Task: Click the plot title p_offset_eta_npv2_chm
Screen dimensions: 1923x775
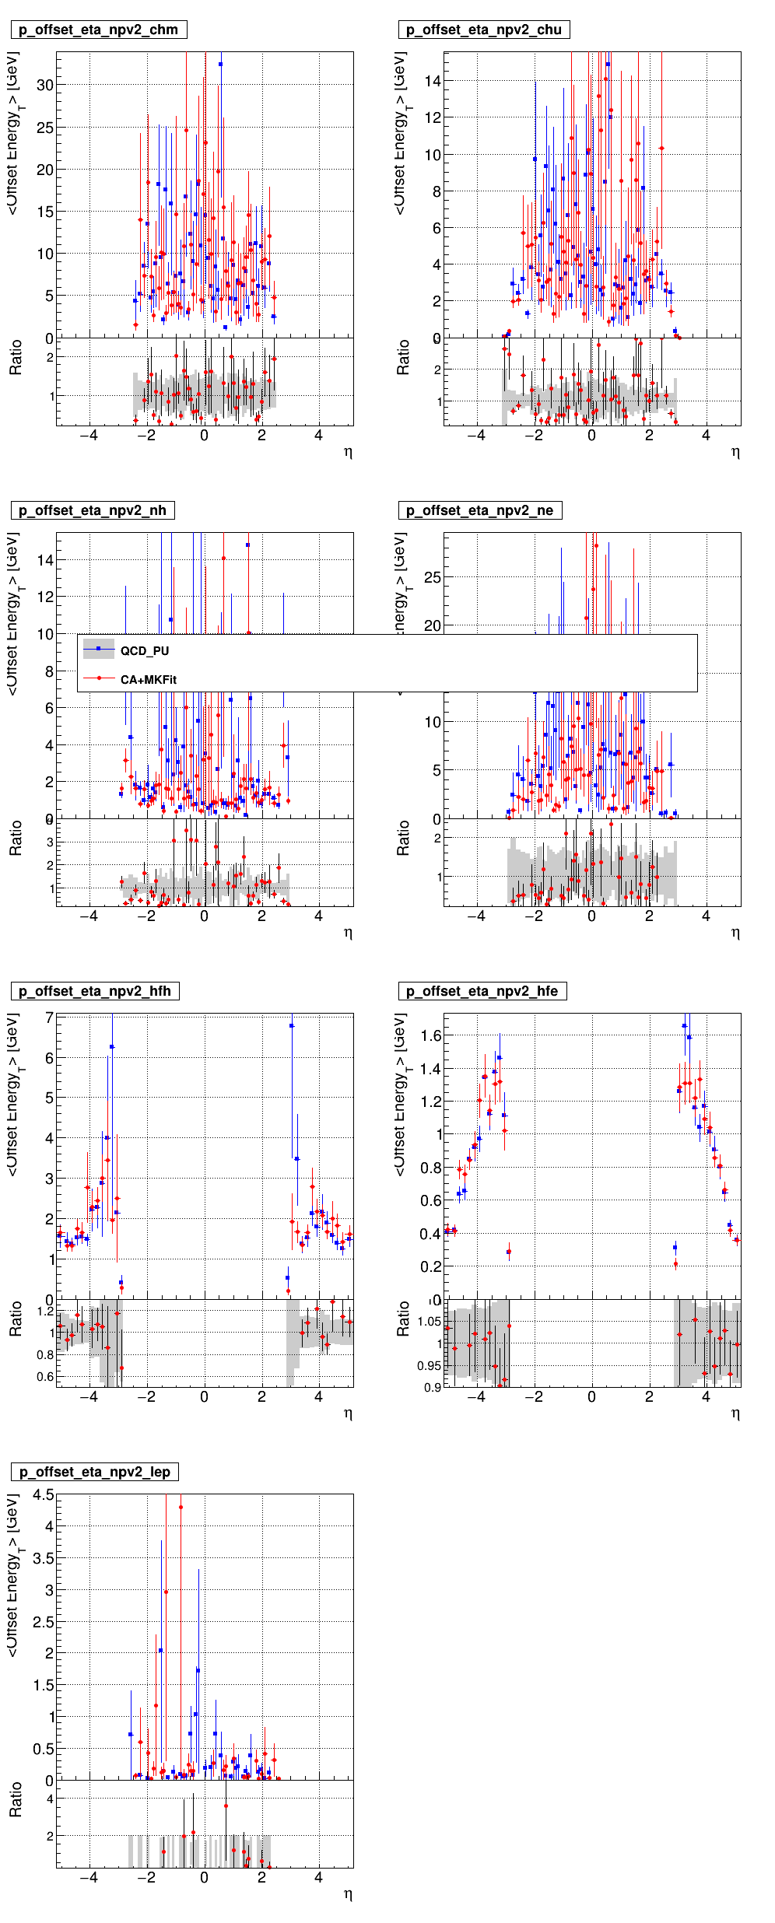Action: (x=98, y=30)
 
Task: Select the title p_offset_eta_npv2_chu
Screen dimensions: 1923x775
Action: (x=483, y=30)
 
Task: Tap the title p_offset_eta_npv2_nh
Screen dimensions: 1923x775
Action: (x=93, y=510)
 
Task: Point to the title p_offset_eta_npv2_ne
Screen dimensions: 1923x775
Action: (x=479, y=510)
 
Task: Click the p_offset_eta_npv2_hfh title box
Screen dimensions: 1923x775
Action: (x=95, y=991)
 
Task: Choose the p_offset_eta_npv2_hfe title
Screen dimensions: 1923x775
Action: (x=482, y=991)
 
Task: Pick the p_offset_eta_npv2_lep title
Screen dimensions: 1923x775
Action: (x=95, y=1472)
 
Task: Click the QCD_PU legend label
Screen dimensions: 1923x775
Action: (x=145, y=651)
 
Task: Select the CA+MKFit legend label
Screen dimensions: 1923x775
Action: (x=149, y=680)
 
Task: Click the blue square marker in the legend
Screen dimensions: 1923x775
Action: (x=99, y=649)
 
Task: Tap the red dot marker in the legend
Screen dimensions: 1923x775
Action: (x=99, y=678)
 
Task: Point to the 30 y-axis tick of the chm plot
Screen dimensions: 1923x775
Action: (x=45, y=85)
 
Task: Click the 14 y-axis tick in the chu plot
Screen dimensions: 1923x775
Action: (x=433, y=81)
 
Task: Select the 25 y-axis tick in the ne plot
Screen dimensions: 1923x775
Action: (x=433, y=577)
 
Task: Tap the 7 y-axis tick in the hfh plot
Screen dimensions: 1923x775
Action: (x=49, y=1018)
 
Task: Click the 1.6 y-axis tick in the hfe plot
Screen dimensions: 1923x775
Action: (x=431, y=1035)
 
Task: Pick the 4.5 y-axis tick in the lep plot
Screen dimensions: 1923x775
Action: (x=44, y=1495)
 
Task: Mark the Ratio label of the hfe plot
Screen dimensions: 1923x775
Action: (x=402, y=1319)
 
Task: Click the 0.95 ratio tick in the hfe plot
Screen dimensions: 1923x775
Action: (x=429, y=1365)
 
